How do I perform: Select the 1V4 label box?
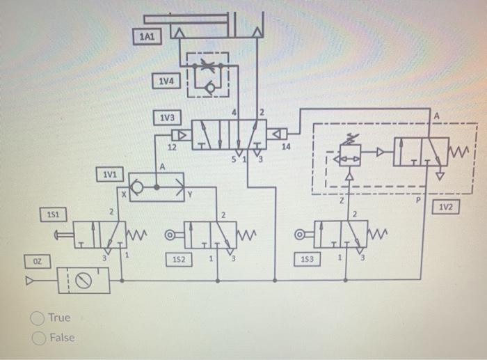pyautogui.click(x=166, y=82)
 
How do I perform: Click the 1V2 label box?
pyautogui.click(x=446, y=207)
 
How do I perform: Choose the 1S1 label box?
pyautogui.click(x=53, y=215)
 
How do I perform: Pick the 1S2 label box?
pyautogui.click(x=177, y=259)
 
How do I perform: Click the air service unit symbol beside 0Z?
pyautogui.click(x=84, y=280)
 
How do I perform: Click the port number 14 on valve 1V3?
pyautogui.click(x=285, y=146)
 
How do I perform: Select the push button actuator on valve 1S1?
pyautogui.click(x=63, y=235)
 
